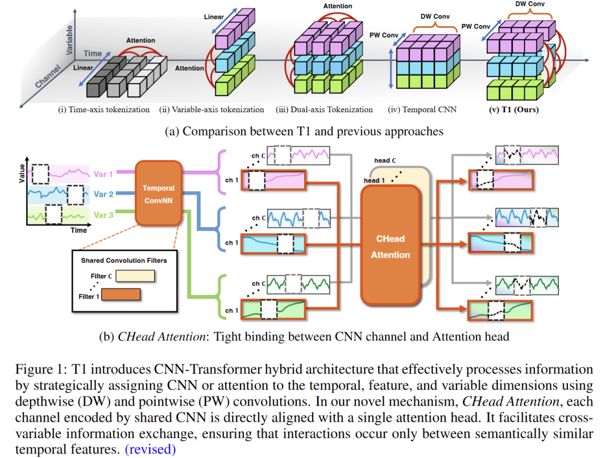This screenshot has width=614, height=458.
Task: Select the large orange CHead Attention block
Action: tap(391, 246)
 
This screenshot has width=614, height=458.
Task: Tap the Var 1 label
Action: tap(103, 174)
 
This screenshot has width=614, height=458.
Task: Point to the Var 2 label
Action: tap(103, 194)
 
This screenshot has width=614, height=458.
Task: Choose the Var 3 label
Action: tap(103, 214)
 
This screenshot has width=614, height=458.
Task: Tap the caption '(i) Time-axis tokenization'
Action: tap(104, 109)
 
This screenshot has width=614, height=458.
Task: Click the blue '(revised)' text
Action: tap(150, 449)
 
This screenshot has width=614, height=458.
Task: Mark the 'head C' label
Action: tap(386, 160)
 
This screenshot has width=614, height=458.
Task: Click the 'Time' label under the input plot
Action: tap(79, 230)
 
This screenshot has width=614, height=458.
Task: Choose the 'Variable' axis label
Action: tap(69, 39)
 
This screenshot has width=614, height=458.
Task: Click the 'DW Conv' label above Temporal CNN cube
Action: tap(435, 16)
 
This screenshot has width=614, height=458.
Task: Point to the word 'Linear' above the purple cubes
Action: tap(214, 17)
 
